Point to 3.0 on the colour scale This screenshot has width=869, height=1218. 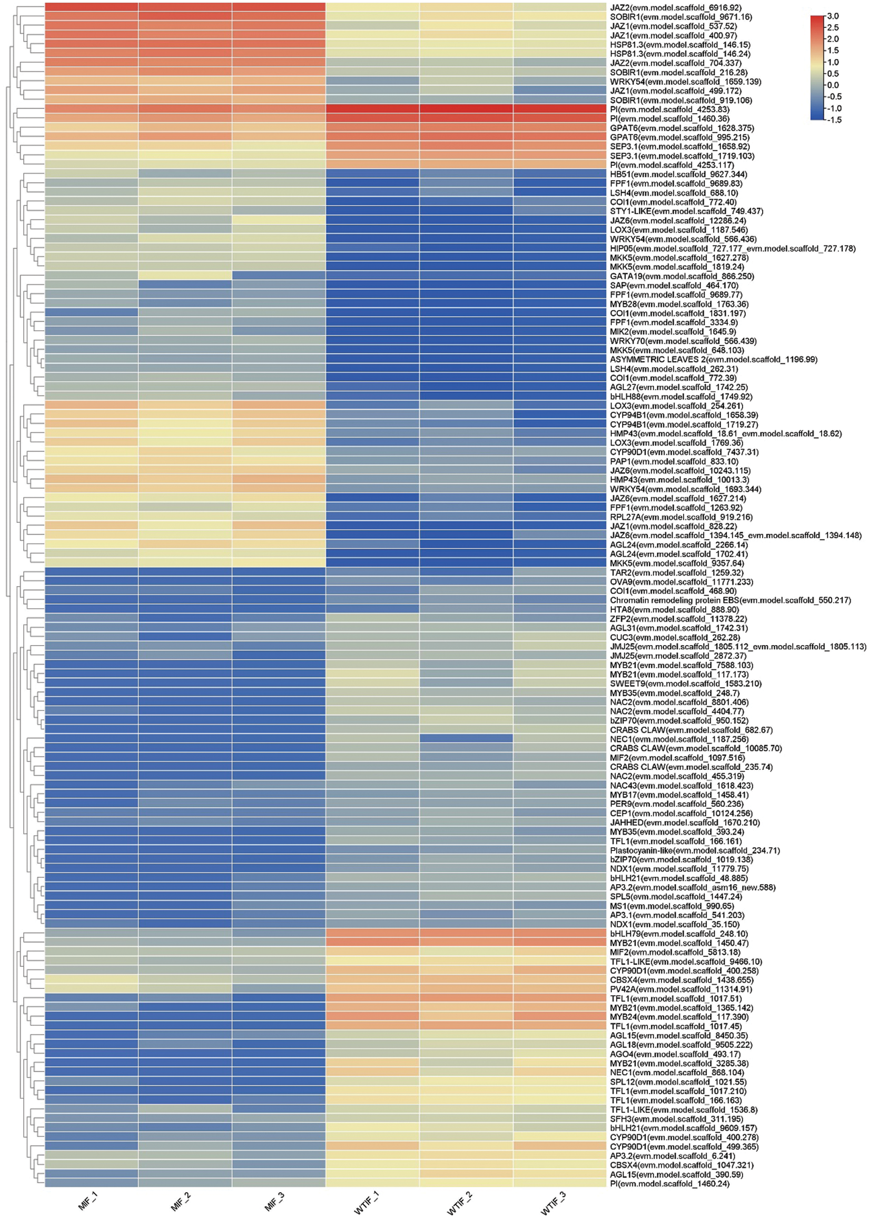(833, 16)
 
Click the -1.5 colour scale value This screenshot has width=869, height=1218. (834, 120)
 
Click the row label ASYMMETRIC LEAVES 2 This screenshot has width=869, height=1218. (713, 360)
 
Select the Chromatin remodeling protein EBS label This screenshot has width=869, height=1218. (730, 600)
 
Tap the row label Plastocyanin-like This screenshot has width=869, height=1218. (695, 850)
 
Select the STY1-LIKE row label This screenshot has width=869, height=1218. (686, 211)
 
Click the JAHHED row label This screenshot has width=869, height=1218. (684, 822)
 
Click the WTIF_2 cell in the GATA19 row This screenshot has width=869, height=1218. (466, 276)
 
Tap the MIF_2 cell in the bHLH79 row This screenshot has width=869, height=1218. (185, 934)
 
